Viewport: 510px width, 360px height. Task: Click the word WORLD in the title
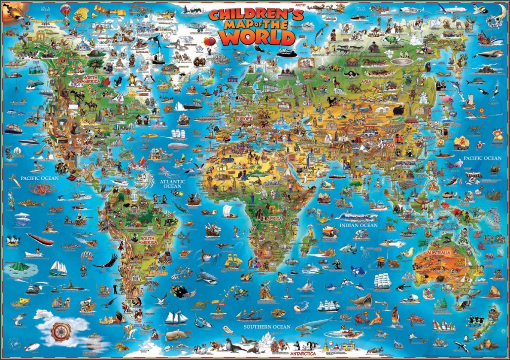[259, 38]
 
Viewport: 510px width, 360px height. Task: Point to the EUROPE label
[243, 118]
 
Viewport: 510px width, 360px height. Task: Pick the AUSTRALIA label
[439, 252]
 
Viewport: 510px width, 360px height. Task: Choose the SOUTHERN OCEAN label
[267, 327]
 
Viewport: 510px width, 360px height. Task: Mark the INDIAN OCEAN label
[358, 225]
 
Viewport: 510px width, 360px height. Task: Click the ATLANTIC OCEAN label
[173, 184]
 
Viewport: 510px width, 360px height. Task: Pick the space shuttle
[30, 347]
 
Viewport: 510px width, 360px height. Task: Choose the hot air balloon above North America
[65, 9]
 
